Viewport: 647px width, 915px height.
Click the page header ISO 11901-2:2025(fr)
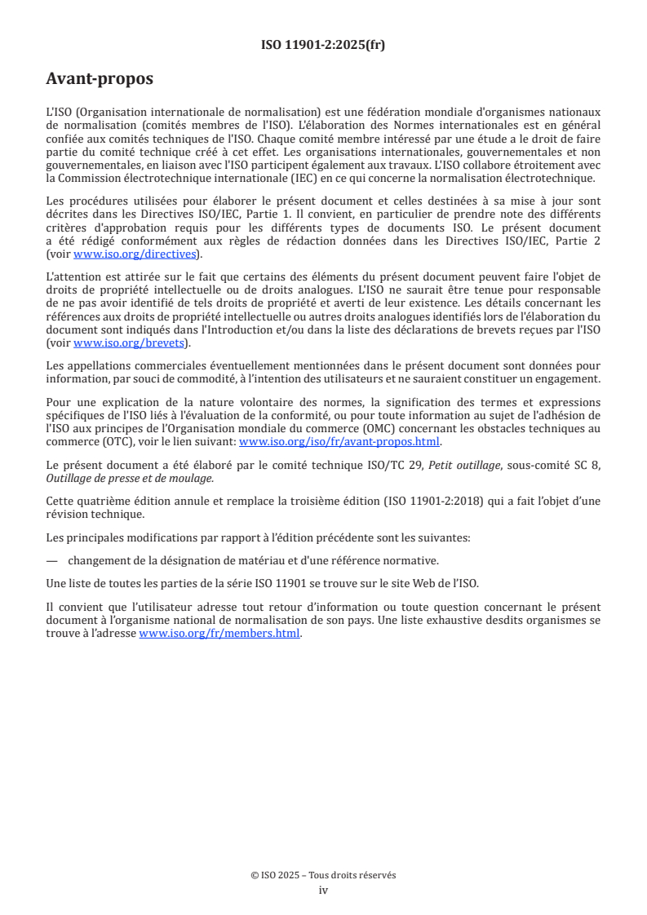[323, 45]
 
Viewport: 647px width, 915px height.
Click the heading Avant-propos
[100, 80]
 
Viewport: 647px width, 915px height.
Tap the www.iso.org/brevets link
[129, 343]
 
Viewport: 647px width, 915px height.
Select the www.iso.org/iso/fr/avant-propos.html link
[339, 441]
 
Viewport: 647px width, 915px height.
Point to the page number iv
[323, 891]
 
